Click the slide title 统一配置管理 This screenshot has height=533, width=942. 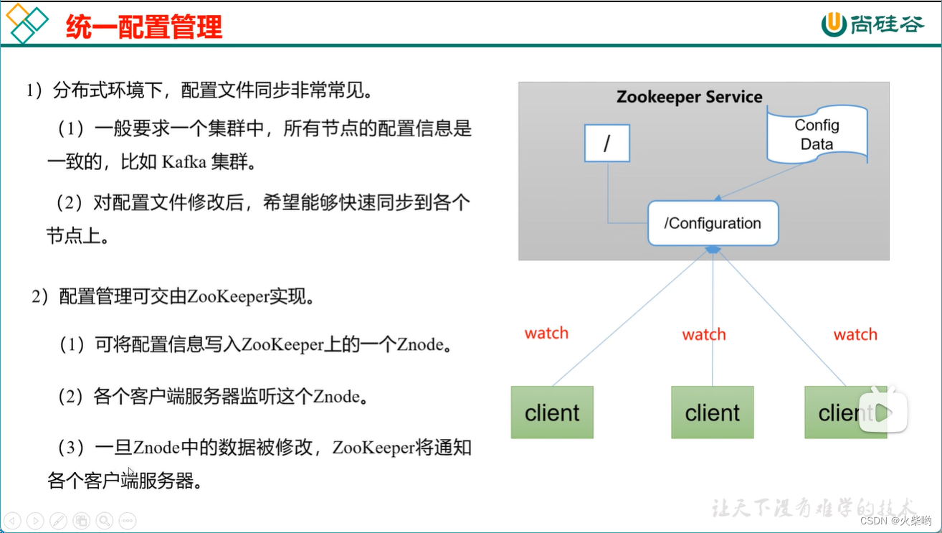pos(143,27)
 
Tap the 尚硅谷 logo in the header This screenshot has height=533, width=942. pos(872,24)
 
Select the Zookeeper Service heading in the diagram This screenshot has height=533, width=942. pos(689,97)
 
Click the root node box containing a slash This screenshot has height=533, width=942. pos(606,143)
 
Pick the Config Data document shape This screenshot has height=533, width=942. pos(817,134)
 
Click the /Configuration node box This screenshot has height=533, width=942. pos(713,223)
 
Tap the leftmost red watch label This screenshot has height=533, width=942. pos(546,333)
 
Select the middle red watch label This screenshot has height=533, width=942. pos(703,334)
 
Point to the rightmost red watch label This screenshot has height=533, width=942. pos(855,334)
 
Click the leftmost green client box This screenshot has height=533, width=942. pos(552,412)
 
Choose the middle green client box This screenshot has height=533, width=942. pos(712,412)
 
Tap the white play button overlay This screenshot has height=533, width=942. pos(883,412)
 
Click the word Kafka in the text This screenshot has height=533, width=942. pos(184,162)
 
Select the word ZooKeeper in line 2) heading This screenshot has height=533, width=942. pos(227,297)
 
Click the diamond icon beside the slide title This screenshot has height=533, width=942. pos(26,23)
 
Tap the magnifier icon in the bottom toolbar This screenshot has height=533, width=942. pos(105,521)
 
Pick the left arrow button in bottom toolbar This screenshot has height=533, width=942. pos(13,521)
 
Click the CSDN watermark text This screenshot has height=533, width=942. pos(895,521)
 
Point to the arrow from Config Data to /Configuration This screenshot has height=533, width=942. pos(760,181)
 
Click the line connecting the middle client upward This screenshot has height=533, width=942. pos(713,316)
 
